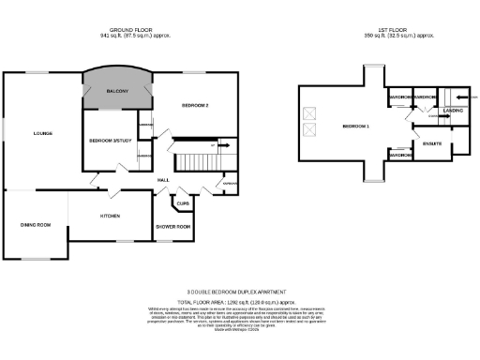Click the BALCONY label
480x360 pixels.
point(118,91)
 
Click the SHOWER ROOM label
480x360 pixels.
point(173,227)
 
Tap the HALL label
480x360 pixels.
point(162,179)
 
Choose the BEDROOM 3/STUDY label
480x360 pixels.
point(108,140)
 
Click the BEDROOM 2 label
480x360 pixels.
point(194,105)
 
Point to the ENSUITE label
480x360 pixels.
point(432,143)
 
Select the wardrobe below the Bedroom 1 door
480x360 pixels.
point(397,155)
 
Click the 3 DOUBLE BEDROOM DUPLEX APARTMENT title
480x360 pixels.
point(242,292)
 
